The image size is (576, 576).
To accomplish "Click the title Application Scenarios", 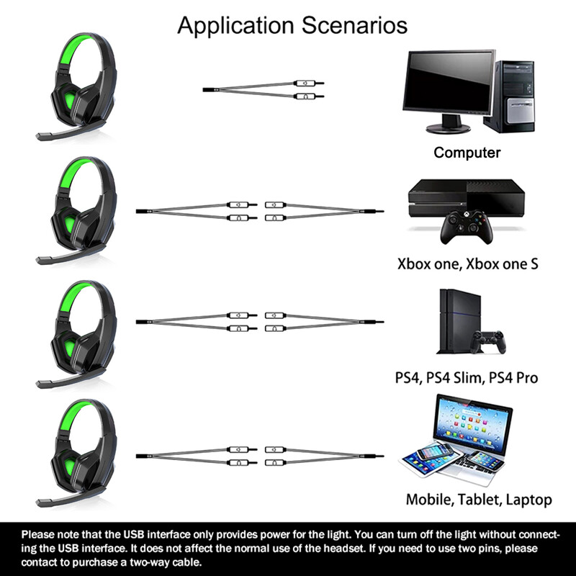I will click(292, 25).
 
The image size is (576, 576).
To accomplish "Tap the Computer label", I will click(467, 152).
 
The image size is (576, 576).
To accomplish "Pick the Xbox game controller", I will click(464, 229).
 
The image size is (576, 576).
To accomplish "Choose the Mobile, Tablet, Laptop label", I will click(479, 499).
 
